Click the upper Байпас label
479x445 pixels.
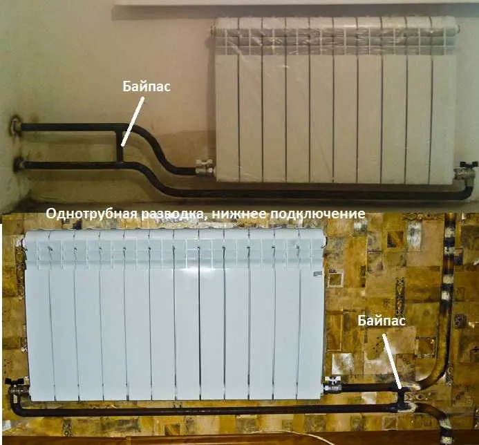tap(147, 86)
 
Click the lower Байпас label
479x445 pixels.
tap(382, 321)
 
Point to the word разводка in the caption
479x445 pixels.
tap(172, 214)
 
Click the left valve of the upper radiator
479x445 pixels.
tap(204, 167)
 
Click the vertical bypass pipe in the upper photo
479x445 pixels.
tap(120, 144)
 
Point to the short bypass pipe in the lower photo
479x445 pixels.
tap(401, 398)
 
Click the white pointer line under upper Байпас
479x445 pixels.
tap(132, 122)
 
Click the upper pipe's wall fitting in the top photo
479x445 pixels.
tap(15, 126)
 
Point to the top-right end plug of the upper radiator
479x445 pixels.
tap(458, 29)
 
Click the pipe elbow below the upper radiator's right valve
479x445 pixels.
tap(467, 192)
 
